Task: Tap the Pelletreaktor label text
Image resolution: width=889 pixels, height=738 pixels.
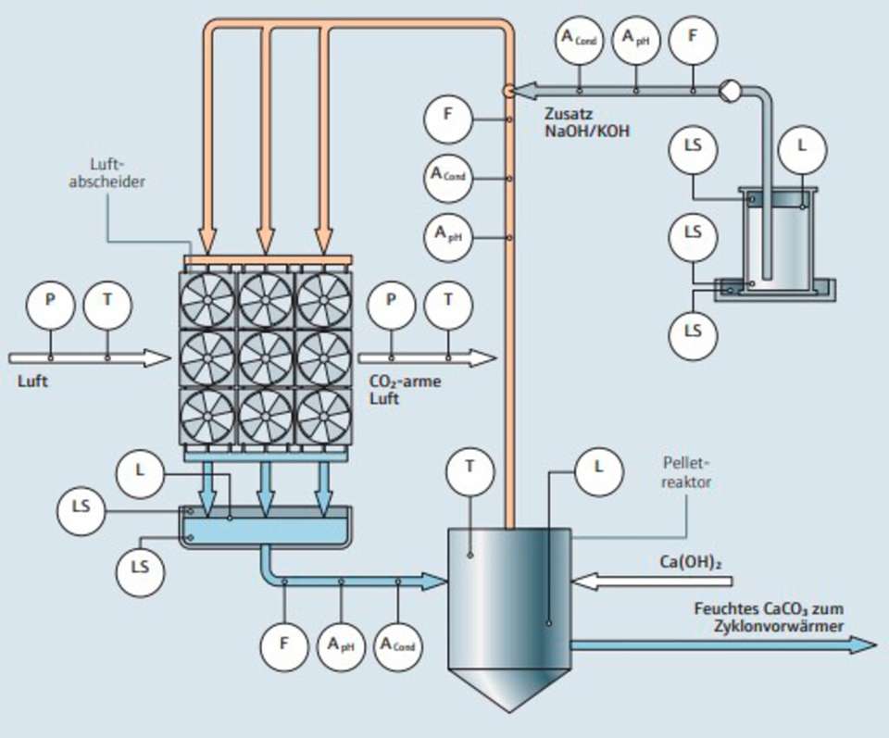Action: (686, 470)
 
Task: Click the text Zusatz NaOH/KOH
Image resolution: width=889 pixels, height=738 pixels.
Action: (587, 123)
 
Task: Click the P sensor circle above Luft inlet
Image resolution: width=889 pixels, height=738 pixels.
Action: (50, 301)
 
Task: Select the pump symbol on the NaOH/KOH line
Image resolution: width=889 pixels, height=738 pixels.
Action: (728, 90)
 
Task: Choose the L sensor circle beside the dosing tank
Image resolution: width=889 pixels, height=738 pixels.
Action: (801, 146)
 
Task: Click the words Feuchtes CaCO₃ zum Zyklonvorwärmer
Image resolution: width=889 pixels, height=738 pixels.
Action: (769, 617)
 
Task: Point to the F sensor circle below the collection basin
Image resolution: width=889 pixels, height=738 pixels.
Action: (284, 643)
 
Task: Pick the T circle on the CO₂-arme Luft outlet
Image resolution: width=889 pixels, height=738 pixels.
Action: (448, 301)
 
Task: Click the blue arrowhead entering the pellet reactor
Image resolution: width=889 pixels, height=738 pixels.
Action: (435, 582)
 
